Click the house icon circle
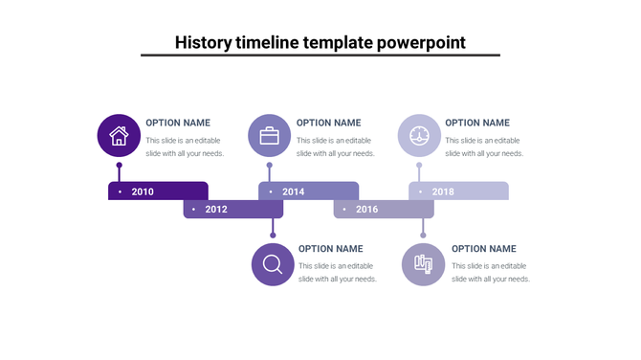click(119, 135)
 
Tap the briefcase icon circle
click(269, 135)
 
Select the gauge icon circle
click(419, 135)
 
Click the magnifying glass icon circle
click(273, 263)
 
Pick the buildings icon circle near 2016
click(423, 263)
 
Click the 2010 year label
click(143, 191)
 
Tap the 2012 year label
click(216, 209)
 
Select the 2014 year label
click(293, 191)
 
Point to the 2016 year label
click(366, 209)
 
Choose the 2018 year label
click(443, 191)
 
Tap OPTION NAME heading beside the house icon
click(178, 123)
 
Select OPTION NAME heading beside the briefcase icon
click(328, 123)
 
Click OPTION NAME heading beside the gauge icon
click(477, 123)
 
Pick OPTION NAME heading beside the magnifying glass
click(331, 249)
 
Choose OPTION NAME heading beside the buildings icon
click(483, 249)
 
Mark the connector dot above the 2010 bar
click(119, 165)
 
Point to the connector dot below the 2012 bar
click(273, 235)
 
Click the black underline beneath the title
click(320, 56)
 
